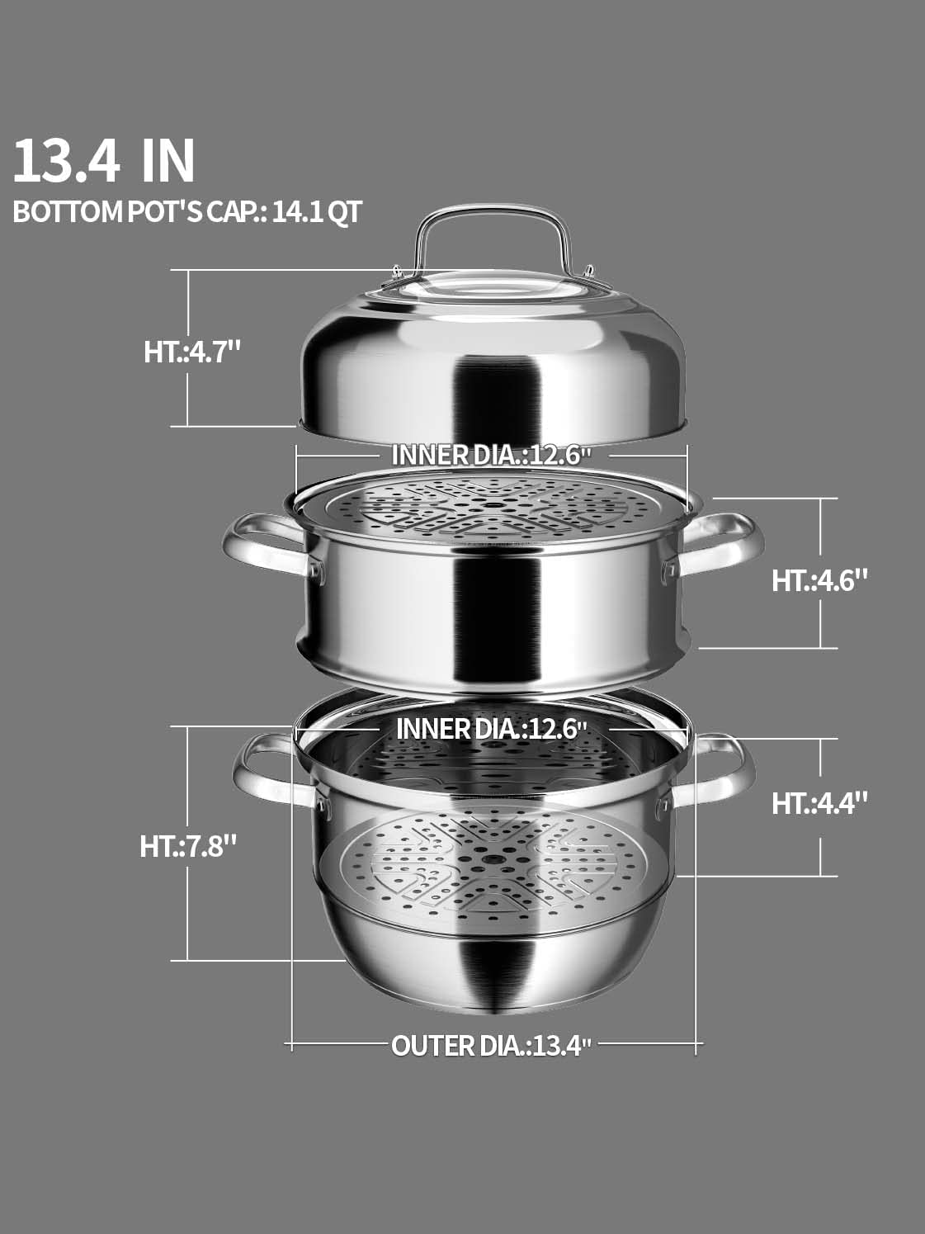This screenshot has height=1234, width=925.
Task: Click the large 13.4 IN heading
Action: click(x=104, y=161)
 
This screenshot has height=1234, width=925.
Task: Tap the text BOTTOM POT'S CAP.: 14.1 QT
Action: click(x=187, y=211)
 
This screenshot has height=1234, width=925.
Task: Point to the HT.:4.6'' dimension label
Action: click(x=819, y=580)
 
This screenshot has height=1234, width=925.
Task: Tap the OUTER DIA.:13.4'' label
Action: click(x=492, y=1046)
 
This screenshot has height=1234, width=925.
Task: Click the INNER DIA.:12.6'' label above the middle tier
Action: click(x=492, y=454)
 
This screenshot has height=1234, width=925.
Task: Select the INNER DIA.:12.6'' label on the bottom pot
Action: click(x=492, y=729)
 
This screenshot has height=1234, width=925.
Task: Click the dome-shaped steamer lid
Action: click(x=493, y=363)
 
